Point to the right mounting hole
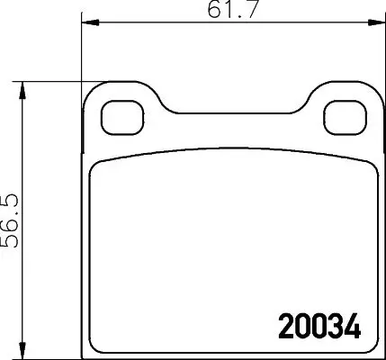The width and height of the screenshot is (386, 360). (x=341, y=115)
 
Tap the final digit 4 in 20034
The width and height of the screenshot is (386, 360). (x=349, y=322)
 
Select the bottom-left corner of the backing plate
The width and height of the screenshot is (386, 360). (x=84, y=352)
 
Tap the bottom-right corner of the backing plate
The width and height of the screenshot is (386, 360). (x=374, y=352)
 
